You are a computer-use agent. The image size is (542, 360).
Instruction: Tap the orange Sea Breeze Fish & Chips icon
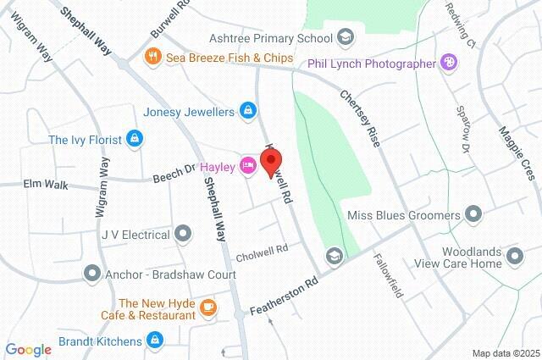pos(153,58)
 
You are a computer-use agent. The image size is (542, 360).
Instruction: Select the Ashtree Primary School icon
pos(346,36)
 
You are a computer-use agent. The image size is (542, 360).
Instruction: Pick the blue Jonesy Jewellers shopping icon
pos(248,110)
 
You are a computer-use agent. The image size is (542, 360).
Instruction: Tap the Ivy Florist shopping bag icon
pos(133,138)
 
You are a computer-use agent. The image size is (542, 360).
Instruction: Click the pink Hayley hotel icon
pos(247,165)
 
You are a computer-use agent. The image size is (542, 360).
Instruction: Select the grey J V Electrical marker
pos(183,233)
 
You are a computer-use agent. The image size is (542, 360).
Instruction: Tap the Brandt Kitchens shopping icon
pos(154,341)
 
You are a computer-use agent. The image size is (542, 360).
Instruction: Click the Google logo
pos(28,350)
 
